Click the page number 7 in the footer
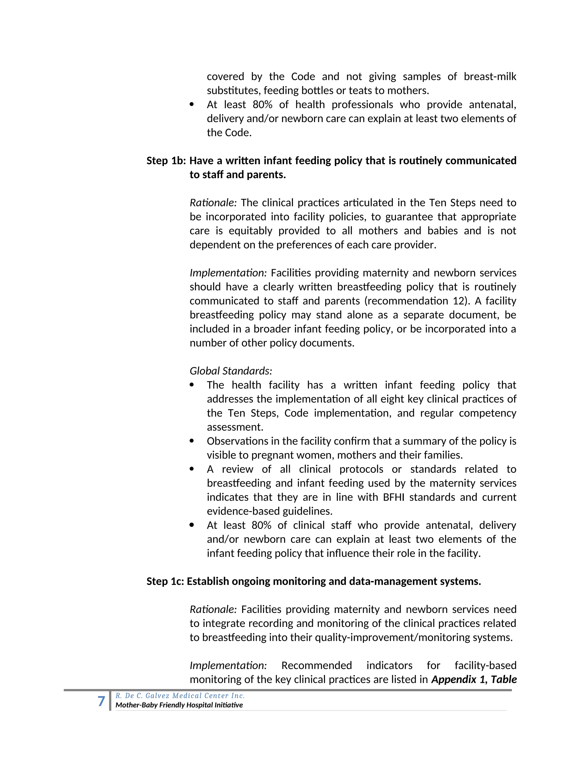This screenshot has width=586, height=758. point(101,701)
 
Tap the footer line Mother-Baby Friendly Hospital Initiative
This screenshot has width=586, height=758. point(179,705)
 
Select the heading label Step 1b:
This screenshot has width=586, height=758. point(166,161)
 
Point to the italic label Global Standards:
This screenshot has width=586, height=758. point(231,371)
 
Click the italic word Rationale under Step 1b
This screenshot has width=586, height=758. point(213,203)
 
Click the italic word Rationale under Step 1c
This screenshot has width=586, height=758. point(213,610)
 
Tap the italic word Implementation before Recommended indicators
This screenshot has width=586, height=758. point(228,665)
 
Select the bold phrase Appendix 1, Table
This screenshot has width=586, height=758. point(474,680)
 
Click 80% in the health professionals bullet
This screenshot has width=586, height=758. point(262,104)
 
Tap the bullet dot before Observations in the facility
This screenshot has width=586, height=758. point(192,441)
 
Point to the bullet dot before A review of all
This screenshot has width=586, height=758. point(192,469)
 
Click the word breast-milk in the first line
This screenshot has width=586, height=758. point(490,76)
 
